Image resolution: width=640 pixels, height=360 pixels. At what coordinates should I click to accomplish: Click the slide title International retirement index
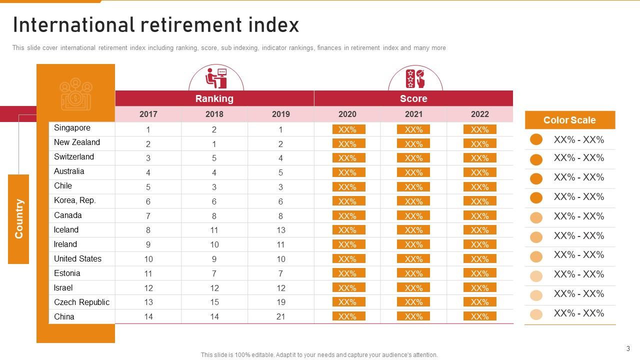155,25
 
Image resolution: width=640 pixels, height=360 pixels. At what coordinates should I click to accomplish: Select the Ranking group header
214,98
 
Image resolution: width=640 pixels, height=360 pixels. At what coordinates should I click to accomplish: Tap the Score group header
413,98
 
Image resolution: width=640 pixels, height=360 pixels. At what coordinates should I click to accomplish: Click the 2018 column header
214,114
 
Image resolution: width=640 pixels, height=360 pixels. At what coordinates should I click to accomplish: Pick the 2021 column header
413,114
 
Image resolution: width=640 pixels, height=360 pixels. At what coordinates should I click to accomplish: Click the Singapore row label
72,128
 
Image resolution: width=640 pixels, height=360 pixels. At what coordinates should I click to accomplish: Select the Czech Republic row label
81,302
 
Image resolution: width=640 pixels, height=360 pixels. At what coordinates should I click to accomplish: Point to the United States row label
77,258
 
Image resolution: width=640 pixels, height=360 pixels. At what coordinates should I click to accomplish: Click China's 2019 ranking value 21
280,317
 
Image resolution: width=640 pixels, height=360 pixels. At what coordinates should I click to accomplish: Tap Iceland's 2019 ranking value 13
280,230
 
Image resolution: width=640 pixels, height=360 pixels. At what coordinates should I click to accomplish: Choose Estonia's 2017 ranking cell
148,273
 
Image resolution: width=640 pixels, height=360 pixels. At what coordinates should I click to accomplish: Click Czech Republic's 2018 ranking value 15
214,302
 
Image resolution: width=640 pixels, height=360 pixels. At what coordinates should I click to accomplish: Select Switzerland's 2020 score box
347,158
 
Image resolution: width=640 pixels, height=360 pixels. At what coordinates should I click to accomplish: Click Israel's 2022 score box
479,288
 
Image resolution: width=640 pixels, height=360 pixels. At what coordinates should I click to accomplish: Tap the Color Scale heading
569,120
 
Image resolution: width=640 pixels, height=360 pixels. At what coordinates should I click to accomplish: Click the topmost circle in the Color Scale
536,139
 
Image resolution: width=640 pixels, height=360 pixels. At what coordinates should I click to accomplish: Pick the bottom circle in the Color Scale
536,314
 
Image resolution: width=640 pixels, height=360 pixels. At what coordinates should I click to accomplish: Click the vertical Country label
18,218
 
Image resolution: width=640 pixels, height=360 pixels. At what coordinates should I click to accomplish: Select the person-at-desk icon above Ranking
216,78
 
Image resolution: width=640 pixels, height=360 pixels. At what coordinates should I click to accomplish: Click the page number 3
628,348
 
